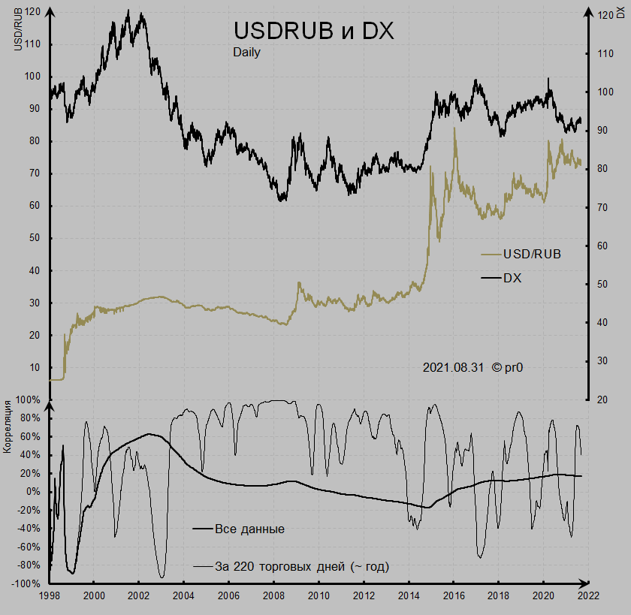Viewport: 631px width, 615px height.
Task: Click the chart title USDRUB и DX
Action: (313, 31)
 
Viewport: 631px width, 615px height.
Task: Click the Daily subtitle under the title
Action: (246, 53)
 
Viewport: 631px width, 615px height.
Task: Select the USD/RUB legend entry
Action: (532, 254)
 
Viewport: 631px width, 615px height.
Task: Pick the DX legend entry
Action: (512, 278)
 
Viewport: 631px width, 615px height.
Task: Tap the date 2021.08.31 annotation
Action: (453, 367)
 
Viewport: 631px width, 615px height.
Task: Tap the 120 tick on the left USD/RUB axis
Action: (32, 12)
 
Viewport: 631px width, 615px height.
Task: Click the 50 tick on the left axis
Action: (35, 239)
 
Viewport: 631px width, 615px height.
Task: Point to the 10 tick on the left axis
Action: (35, 368)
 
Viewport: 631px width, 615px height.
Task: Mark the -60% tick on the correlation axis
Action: (29, 547)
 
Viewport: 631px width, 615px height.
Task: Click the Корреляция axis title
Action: (8, 427)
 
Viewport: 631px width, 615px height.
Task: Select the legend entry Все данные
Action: (249, 529)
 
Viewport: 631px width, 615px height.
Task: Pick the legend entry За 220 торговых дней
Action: (301, 566)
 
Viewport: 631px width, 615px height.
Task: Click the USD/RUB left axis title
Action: (18, 30)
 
